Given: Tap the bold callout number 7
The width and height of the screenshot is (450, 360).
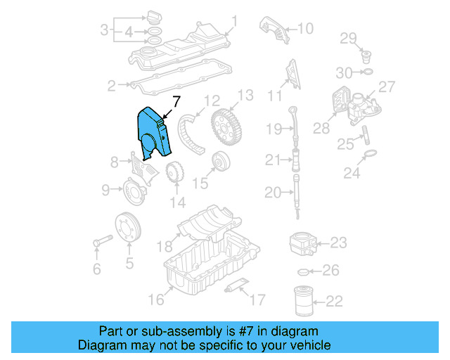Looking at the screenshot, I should pos(176,100).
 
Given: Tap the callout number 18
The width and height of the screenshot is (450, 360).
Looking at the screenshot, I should pos(164,246).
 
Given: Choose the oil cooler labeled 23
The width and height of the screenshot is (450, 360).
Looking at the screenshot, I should pos(304,244).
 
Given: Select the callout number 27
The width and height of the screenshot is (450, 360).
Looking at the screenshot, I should pos(387,86).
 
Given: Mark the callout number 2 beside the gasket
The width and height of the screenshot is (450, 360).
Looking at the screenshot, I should pos(111,86).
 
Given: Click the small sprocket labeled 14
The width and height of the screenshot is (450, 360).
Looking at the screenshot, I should pos(174,173).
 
